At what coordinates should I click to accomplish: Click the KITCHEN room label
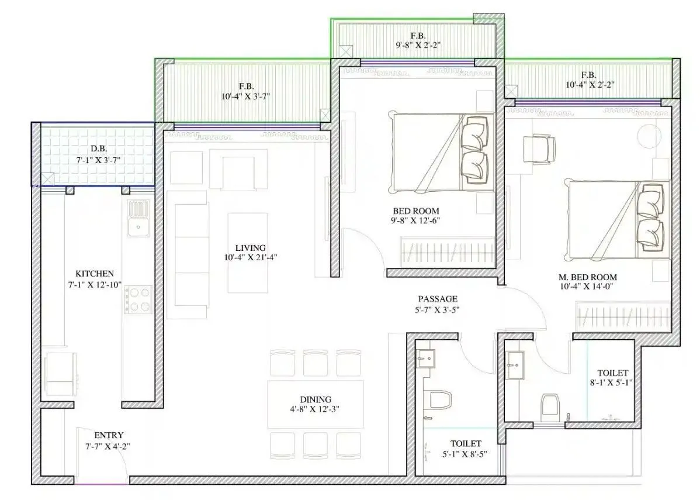(x=95, y=273)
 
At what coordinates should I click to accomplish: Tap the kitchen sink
(x=138, y=218)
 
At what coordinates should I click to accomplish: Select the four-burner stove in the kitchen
(x=138, y=298)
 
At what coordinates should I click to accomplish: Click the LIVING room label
(x=251, y=247)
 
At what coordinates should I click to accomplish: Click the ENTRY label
(x=109, y=435)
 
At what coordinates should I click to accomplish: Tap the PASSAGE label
(x=438, y=299)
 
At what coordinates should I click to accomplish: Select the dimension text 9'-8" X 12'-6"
(x=416, y=220)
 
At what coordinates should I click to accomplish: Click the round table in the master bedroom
(x=649, y=136)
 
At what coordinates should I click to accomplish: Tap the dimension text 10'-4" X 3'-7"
(x=245, y=96)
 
